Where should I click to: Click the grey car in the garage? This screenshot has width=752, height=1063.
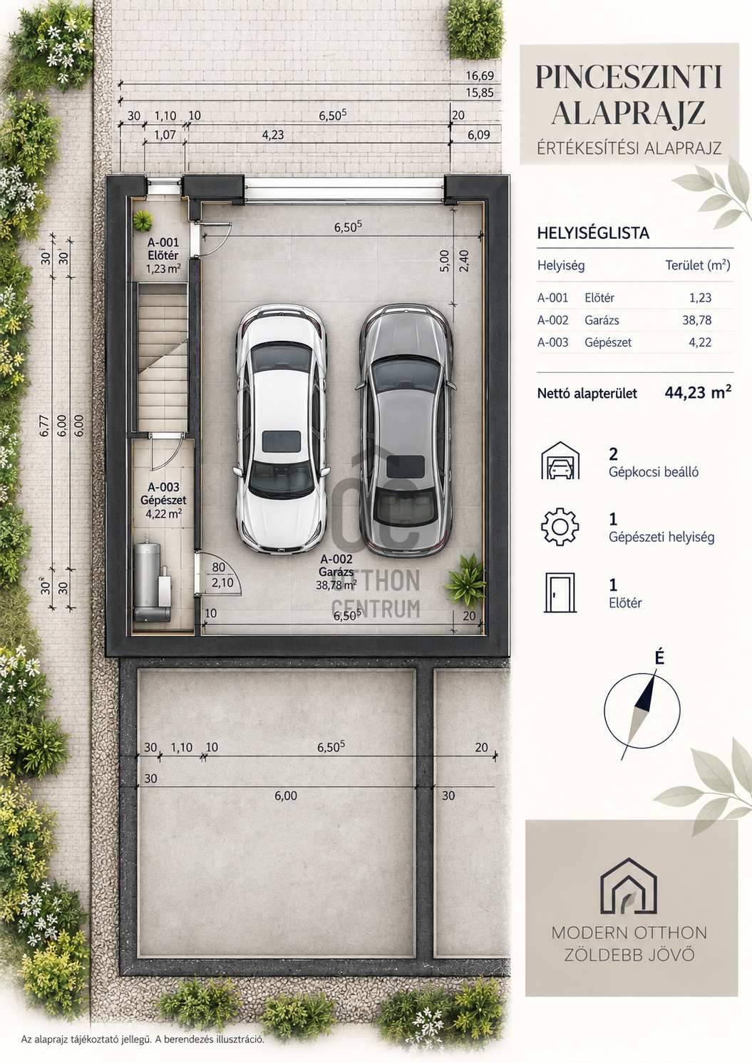click(405, 431)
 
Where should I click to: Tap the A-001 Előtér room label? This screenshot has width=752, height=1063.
click(163, 255)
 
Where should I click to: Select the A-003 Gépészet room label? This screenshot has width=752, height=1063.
click(163, 500)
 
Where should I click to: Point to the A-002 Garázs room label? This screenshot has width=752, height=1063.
click(336, 572)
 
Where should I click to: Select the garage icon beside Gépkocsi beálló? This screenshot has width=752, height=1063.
click(560, 461)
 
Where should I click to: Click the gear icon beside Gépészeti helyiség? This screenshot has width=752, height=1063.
click(560, 526)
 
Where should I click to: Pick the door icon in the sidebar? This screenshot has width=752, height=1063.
click(560, 592)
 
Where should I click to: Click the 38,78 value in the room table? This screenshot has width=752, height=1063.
click(697, 320)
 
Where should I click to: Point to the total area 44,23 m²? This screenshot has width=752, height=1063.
click(698, 393)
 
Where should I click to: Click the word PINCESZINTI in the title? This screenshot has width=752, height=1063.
click(629, 77)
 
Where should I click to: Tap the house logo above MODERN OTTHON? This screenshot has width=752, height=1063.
click(629, 886)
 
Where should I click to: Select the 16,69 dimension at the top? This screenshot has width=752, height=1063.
click(480, 76)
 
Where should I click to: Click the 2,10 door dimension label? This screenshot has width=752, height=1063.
click(222, 582)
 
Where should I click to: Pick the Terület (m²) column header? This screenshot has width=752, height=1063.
click(698, 265)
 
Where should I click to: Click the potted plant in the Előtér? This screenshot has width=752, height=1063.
click(143, 221)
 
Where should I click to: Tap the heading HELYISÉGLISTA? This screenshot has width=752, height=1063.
click(593, 233)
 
